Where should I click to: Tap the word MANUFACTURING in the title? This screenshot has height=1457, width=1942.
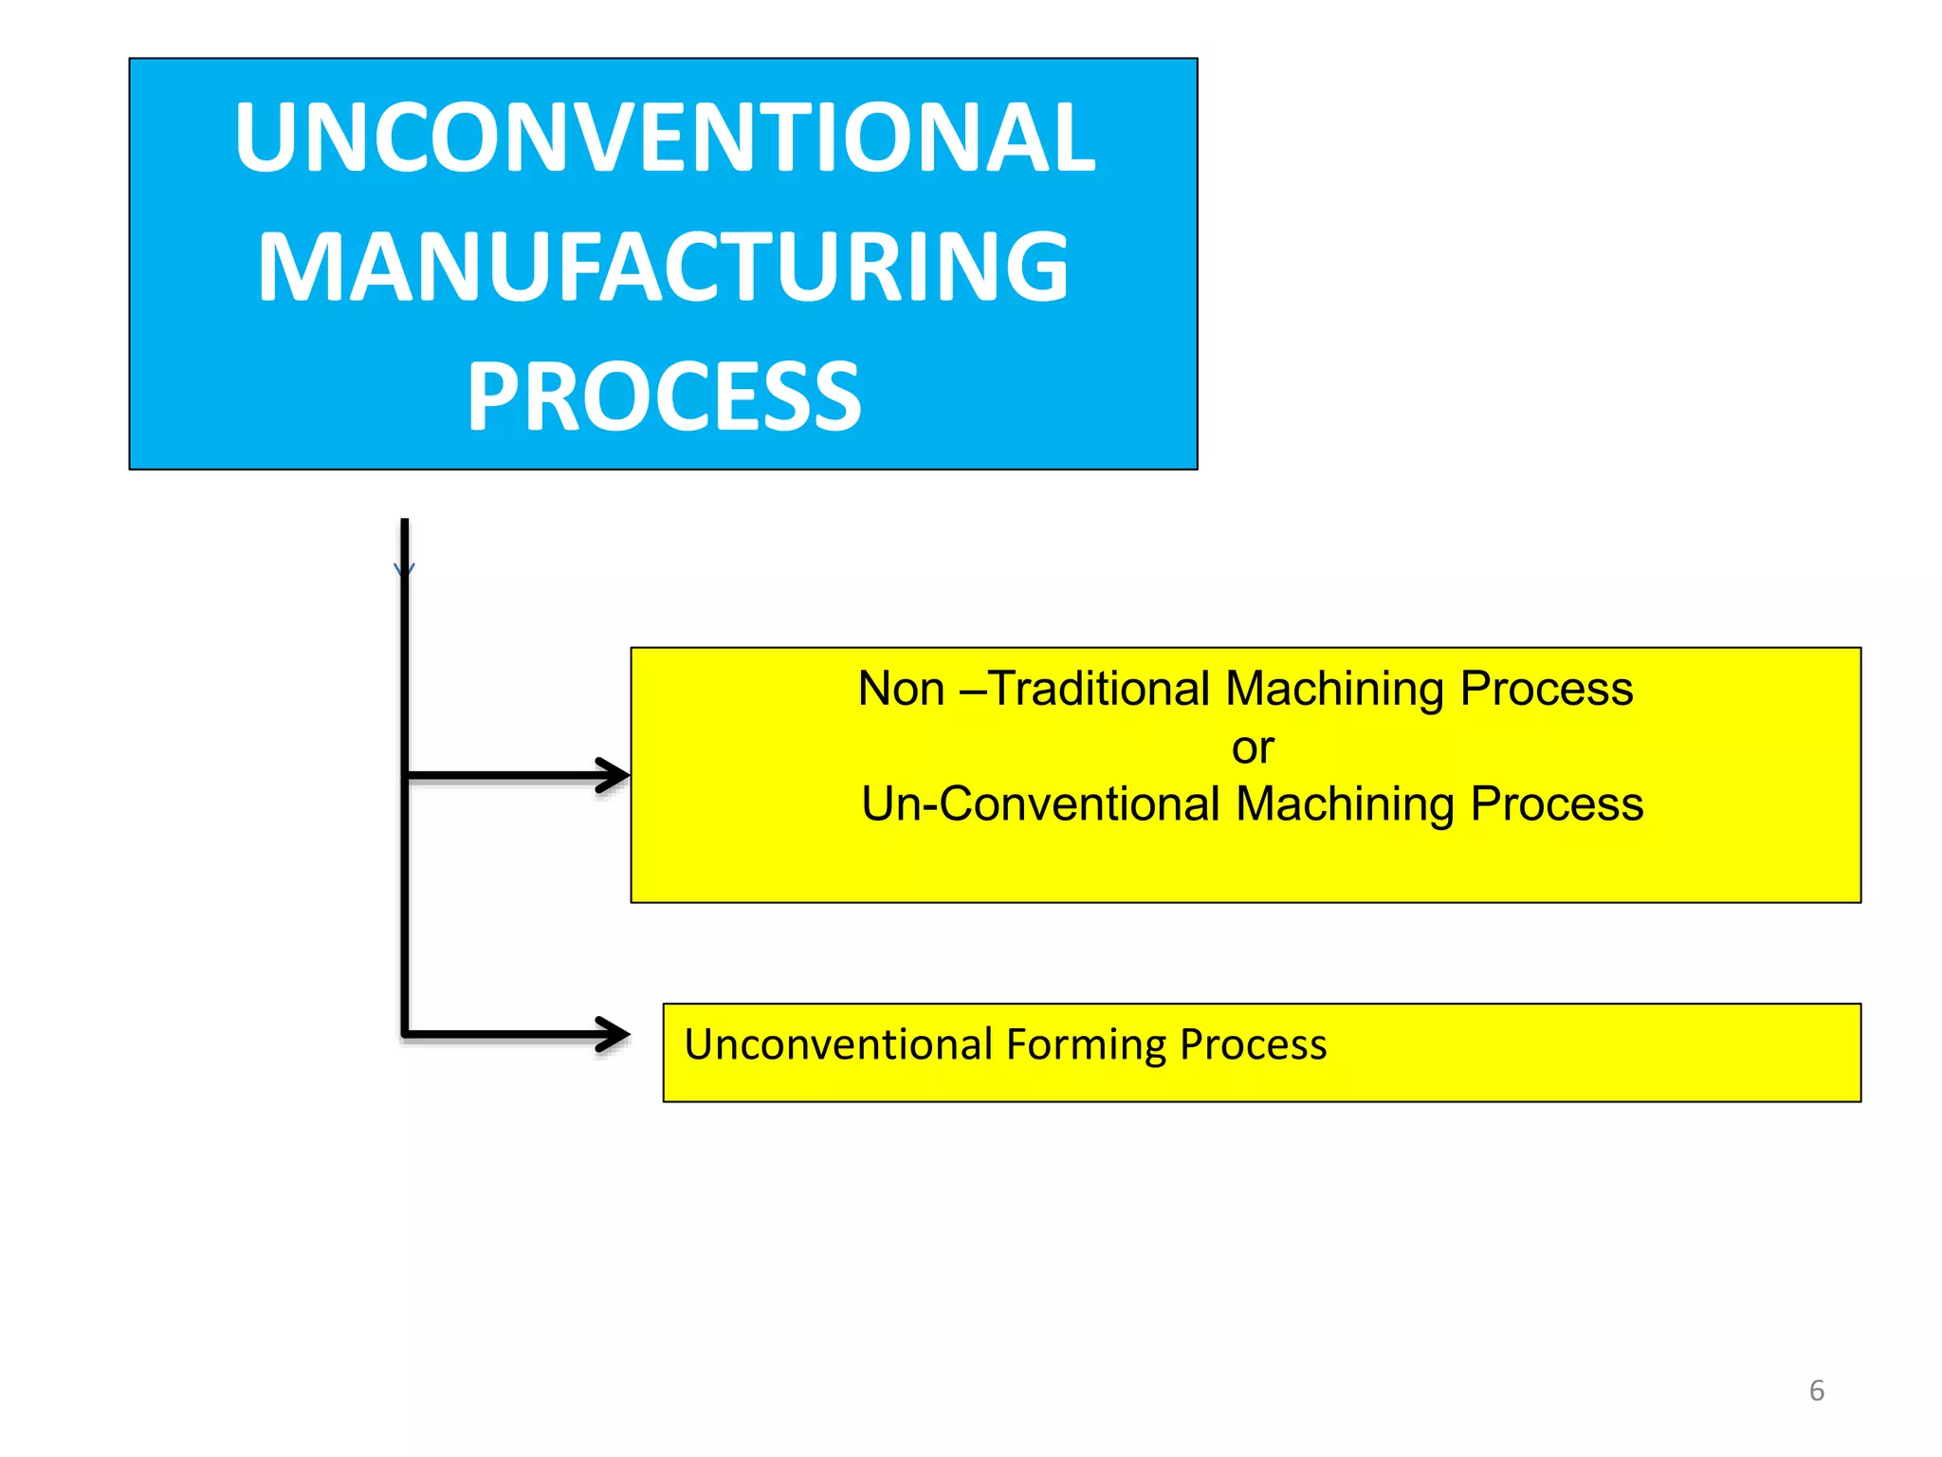pyautogui.click(x=664, y=267)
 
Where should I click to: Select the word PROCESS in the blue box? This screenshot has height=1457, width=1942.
pyautogui.click(x=664, y=397)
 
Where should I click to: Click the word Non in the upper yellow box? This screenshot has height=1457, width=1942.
pyautogui.click(x=901, y=689)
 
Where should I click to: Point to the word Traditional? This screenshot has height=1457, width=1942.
pyautogui.click(x=1099, y=689)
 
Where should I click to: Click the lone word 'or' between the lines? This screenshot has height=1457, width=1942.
pyautogui.click(x=1253, y=748)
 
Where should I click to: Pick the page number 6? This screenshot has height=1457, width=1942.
pyautogui.click(x=1816, y=1391)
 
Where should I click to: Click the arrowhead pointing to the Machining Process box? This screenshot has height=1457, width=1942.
pyautogui.click(x=614, y=775)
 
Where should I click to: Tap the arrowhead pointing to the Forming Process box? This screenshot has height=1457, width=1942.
pyautogui.click(x=614, y=1034)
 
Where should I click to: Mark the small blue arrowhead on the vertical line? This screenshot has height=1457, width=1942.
pyautogui.click(x=404, y=569)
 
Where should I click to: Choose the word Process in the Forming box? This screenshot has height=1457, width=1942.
pyautogui.click(x=1253, y=1044)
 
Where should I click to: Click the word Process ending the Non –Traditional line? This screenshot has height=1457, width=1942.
pyautogui.click(x=1547, y=689)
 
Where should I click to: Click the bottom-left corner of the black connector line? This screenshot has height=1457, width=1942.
pyautogui.click(x=405, y=1034)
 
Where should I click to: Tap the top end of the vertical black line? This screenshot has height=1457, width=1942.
pyautogui.click(x=405, y=522)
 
